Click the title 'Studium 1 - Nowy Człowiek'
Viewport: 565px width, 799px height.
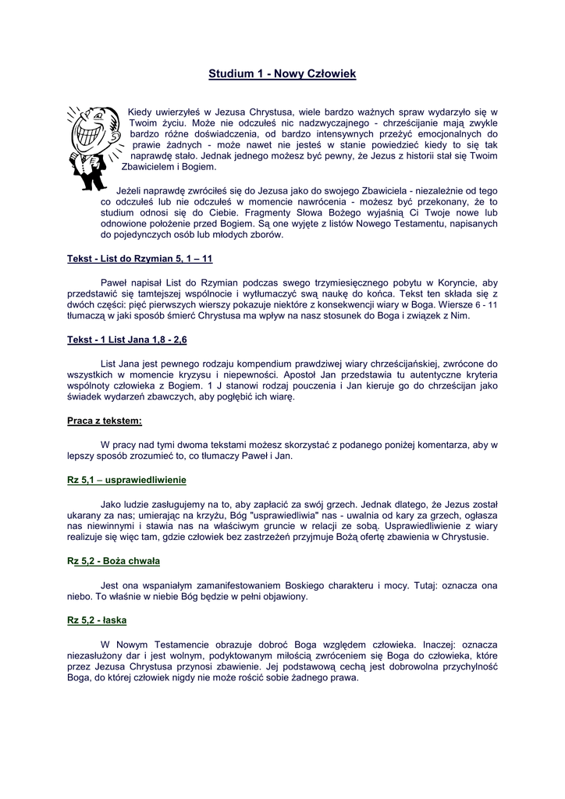pyautogui.click(x=282, y=74)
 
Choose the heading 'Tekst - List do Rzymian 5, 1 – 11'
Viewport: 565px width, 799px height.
pyautogui.click(x=140, y=258)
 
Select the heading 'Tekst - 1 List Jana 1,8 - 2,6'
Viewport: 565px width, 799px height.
pyautogui.click(x=127, y=340)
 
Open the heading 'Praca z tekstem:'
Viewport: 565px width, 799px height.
pyautogui.click(x=105, y=421)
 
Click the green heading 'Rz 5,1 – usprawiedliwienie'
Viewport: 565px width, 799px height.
pyautogui.click(x=126, y=479)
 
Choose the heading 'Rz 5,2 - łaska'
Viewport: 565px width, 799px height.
pyautogui.click(x=97, y=620)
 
